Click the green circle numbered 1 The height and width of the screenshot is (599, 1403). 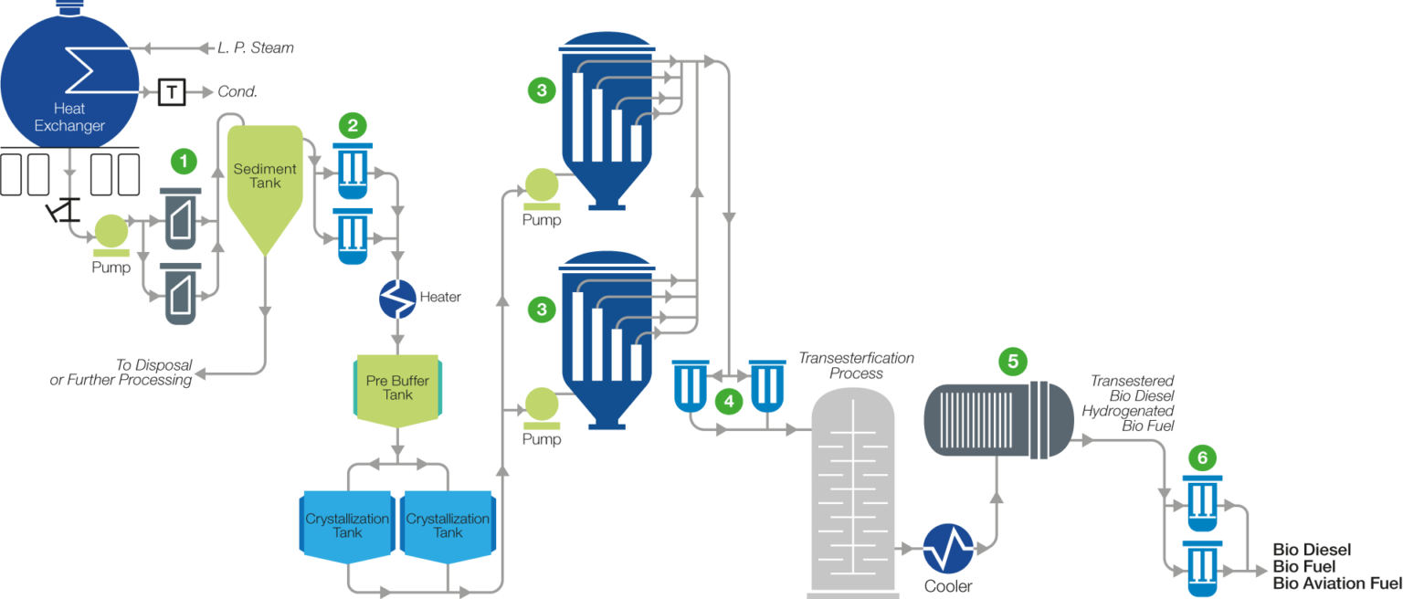tap(185, 162)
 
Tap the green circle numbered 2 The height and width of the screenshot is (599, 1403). tap(353, 125)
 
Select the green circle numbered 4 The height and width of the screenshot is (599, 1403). tap(728, 400)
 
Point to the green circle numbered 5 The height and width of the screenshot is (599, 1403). tap(1012, 360)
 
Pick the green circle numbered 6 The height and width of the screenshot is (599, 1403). tap(1201, 457)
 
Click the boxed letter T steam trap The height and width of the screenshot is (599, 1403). tap(172, 91)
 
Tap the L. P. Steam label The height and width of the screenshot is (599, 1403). tap(256, 47)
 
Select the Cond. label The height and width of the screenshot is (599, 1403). tap(237, 92)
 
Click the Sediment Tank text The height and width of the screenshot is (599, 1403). tap(265, 175)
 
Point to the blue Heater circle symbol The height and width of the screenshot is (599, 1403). tap(397, 299)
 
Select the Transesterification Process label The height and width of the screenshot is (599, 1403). tap(856, 365)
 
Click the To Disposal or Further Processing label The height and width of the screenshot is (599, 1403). tap(121, 372)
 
